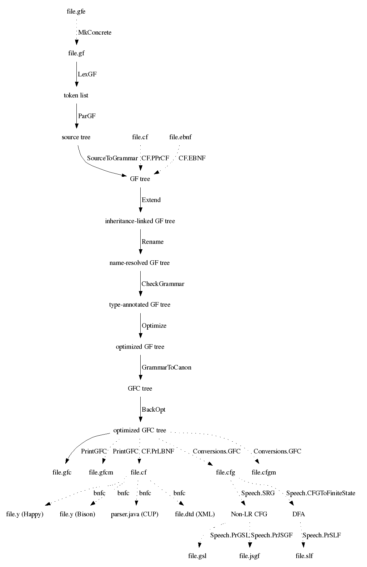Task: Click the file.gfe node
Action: click(76, 11)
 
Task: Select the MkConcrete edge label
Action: click(95, 32)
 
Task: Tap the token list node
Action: click(76, 95)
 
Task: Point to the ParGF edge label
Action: click(87, 116)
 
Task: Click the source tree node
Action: click(76, 137)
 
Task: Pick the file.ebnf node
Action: click(180, 137)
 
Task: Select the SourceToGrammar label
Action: click(112, 158)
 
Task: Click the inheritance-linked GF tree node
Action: click(140, 221)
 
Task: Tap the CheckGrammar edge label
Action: click(163, 284)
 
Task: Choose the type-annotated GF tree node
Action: click(140, 305)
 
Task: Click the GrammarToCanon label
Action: click(166, 367)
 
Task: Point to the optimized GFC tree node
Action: click(140, 430)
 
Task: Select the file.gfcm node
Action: click(101, 472)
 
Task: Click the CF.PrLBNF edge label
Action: click(158, 451)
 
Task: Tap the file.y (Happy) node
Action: click(25, 514)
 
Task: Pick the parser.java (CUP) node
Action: click(135, 514)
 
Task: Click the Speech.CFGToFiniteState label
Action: click(321, 493)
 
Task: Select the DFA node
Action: click(299, 514)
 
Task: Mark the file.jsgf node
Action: click(250, 556)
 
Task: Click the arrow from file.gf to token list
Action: click(77, 74)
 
